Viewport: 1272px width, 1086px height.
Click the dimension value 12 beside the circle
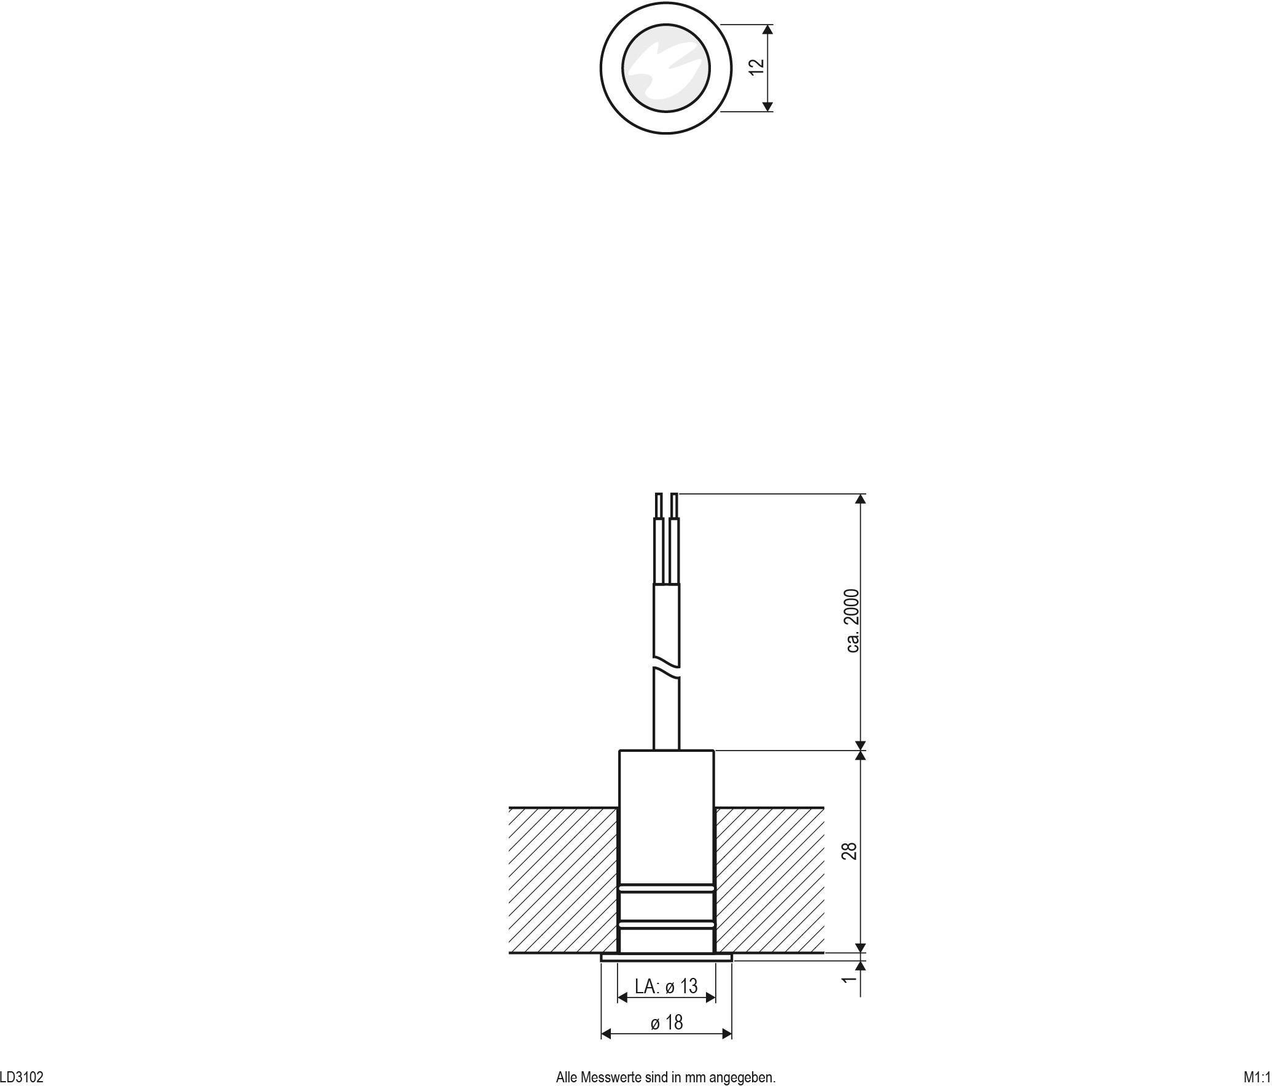pos(758,67)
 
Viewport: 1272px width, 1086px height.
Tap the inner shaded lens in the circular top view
pos(666,68)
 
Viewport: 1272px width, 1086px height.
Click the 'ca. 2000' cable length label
pos(853,620)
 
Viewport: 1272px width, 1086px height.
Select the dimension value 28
pos(850,851)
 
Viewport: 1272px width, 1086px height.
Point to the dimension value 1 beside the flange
pos(848,979)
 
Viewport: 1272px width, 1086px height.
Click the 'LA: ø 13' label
pos(666,986)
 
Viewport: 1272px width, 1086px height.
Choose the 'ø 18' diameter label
pos(666,1022)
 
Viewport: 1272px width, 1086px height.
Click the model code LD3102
pos(22,1077)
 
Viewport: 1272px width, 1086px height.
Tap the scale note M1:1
pos(1256,1077)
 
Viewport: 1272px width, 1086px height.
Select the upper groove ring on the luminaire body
pos(666,889)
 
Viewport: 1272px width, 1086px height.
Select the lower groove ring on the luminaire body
pos(666,924)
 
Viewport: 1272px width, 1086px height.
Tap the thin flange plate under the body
pos(666,957)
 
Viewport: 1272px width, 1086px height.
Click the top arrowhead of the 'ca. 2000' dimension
pos(861,499)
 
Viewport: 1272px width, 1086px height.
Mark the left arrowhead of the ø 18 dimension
pos(606,1034)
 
